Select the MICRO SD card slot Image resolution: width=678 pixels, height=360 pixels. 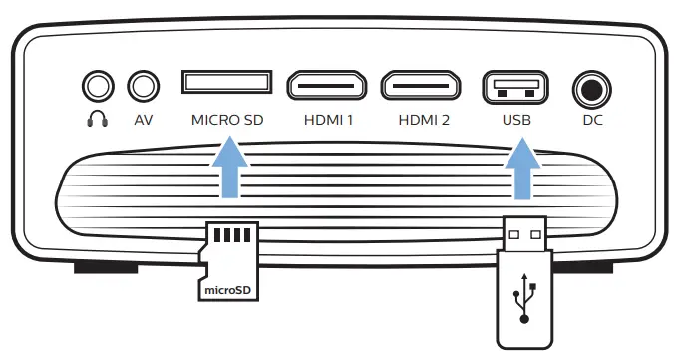(x=226, y=82)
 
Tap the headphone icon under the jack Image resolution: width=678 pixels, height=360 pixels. (x=97, y=120)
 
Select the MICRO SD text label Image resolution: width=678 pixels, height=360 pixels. (x=227, y=120)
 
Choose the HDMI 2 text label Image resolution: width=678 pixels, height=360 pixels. (x=424, y=120)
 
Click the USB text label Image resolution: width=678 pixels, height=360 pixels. (x=515, y=120)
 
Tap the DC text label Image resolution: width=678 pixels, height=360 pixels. (x=592, y=120)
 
